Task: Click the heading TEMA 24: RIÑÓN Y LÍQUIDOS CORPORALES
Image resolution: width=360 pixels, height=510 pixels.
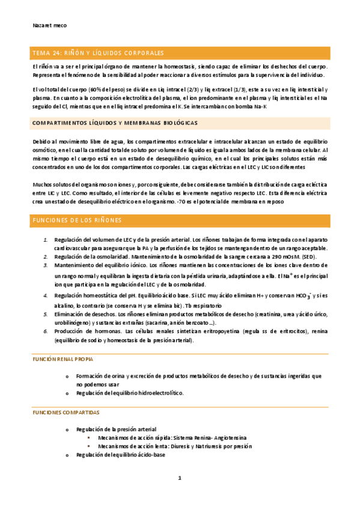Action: (x=97, y=53)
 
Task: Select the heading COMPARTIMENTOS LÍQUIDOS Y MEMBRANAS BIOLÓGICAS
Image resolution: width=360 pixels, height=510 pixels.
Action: (x=115, y=123)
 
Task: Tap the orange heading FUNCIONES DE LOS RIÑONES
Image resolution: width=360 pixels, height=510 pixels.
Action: (x=77, y=220)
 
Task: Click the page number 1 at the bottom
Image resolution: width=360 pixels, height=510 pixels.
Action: (x=180, y=478)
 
